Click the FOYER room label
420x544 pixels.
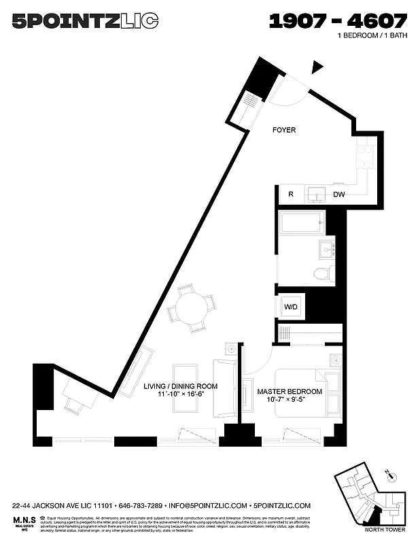[x=283, y=130]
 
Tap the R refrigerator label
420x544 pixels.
[x=291, y=194]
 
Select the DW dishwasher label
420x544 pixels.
[x=339, y=194]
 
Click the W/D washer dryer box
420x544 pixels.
[x=291, y=307]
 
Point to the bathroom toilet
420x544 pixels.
[x=322, y=273]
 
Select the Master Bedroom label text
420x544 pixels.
[x=290, y=392]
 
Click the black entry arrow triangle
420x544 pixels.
[x=317, y=67]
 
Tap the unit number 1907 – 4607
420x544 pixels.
[x=338, y=22]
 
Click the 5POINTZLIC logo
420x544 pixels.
[x=85, y=22]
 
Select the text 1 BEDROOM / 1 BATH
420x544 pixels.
[x=372, y=35]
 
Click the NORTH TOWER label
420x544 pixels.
[x=382, y=528]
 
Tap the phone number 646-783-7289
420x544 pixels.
[x=141, y=506]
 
